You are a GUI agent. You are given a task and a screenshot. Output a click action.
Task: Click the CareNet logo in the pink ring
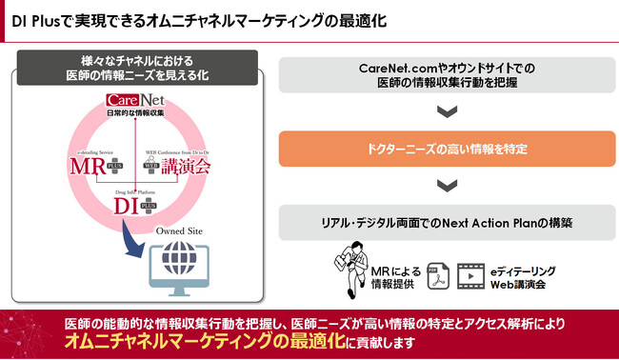click(139, 100)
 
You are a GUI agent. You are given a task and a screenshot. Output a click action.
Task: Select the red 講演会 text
click(187, 168)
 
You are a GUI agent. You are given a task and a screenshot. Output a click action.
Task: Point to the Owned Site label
click(179, 231)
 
